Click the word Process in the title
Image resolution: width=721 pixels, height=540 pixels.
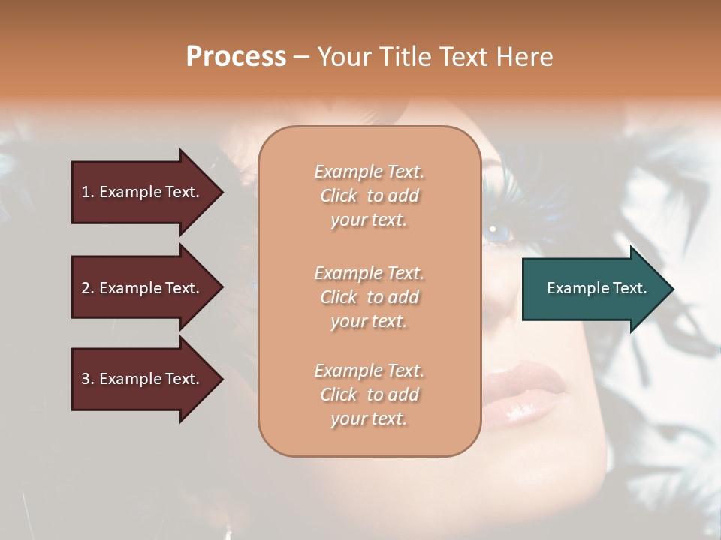(x=236, y=57)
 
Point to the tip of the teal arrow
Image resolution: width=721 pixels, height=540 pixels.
(x=671, y=289)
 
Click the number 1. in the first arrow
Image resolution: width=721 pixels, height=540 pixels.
(x=88, y=192)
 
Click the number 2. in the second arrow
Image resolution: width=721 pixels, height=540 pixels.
(x=88, y=288)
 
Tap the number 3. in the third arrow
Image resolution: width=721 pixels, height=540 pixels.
(x=88, y=379)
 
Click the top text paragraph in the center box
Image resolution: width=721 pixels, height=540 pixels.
(x=369, y=196)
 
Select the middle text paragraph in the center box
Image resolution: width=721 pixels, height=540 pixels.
(x=369, y=297)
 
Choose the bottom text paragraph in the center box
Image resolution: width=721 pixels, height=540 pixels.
(x=369, y=394)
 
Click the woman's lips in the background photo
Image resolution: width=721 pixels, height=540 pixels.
(x=526, y=390)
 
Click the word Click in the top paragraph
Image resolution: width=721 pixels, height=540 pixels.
(x=339, y=196)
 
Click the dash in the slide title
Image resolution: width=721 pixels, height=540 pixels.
(x=301, y=57)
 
